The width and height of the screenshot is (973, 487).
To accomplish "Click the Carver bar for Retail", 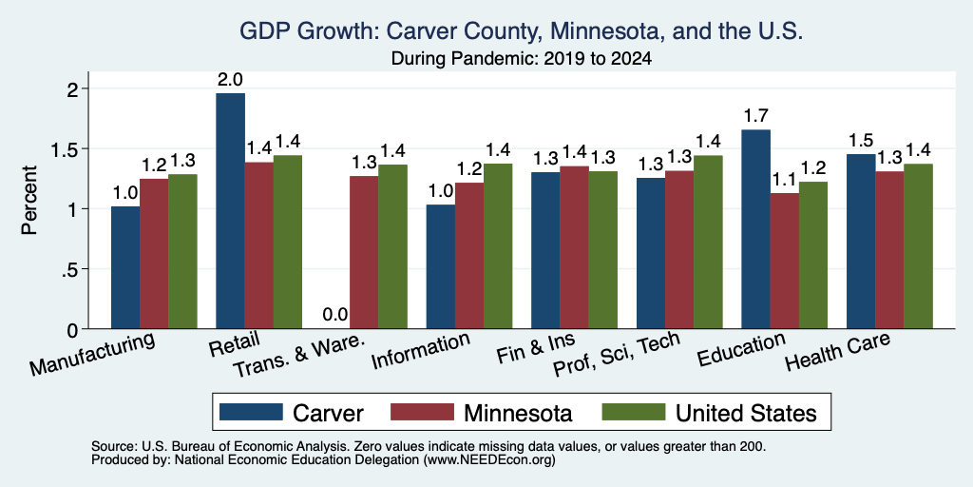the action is click(230, 210).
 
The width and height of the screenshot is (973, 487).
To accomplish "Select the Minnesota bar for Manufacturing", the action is click(154, 253).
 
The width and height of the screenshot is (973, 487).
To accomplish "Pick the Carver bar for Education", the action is click(755, 229).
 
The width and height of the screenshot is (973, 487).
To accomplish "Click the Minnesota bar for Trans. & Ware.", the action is click(364, 252).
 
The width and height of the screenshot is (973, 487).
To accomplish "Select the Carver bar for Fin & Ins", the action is click(545, 250).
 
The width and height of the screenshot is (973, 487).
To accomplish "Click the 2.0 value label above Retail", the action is click(230, 80).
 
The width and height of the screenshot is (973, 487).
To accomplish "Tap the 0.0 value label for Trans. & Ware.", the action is click(335, 315).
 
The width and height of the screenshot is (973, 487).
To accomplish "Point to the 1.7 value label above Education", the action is click(755, 116).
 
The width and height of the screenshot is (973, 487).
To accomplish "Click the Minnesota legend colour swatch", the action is click(422, 412).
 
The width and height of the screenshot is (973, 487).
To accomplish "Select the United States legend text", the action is click(746, 413).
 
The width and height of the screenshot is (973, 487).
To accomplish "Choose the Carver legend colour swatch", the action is click(251, 412).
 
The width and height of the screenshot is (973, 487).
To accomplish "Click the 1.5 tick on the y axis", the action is click(86, 149).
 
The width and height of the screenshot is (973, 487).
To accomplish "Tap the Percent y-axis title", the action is click(29, 200).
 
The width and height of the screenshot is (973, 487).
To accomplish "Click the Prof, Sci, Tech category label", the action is click(616, 354).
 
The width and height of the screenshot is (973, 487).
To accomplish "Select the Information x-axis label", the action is click(420, 351).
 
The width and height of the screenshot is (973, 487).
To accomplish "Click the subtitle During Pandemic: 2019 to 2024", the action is click(522, 59).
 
